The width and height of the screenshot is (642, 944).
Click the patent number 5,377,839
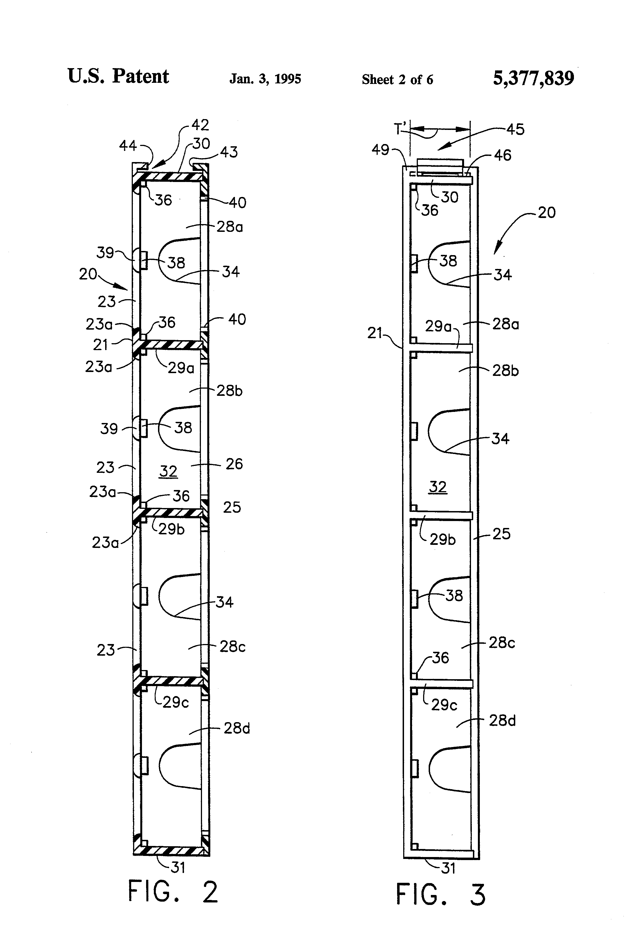click(x=533, y=78)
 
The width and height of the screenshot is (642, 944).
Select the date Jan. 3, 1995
click(x=265, y=79)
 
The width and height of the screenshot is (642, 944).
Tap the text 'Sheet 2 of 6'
click(x=397, y=79)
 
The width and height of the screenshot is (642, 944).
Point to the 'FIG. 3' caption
click(x=440, y=894)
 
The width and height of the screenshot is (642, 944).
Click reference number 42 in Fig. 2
click(x=200, y=125)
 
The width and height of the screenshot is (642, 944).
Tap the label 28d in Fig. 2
click(x=237, y=728)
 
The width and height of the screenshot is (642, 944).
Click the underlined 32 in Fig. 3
click(x=438, y=487)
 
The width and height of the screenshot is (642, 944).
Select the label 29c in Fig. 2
click(x=176, y=702)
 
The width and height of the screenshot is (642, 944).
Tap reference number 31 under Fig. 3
click(x=448, y=868)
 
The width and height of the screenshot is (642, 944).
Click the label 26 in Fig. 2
click(x=234, y=464)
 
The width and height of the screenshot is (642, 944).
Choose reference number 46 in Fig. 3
click(x=503, y=155)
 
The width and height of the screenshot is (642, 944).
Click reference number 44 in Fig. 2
click(x=128, y=145)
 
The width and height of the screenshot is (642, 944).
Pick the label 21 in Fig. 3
click(x=375, y=333)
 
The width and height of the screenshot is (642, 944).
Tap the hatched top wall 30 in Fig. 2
click(x=171, y=177)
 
